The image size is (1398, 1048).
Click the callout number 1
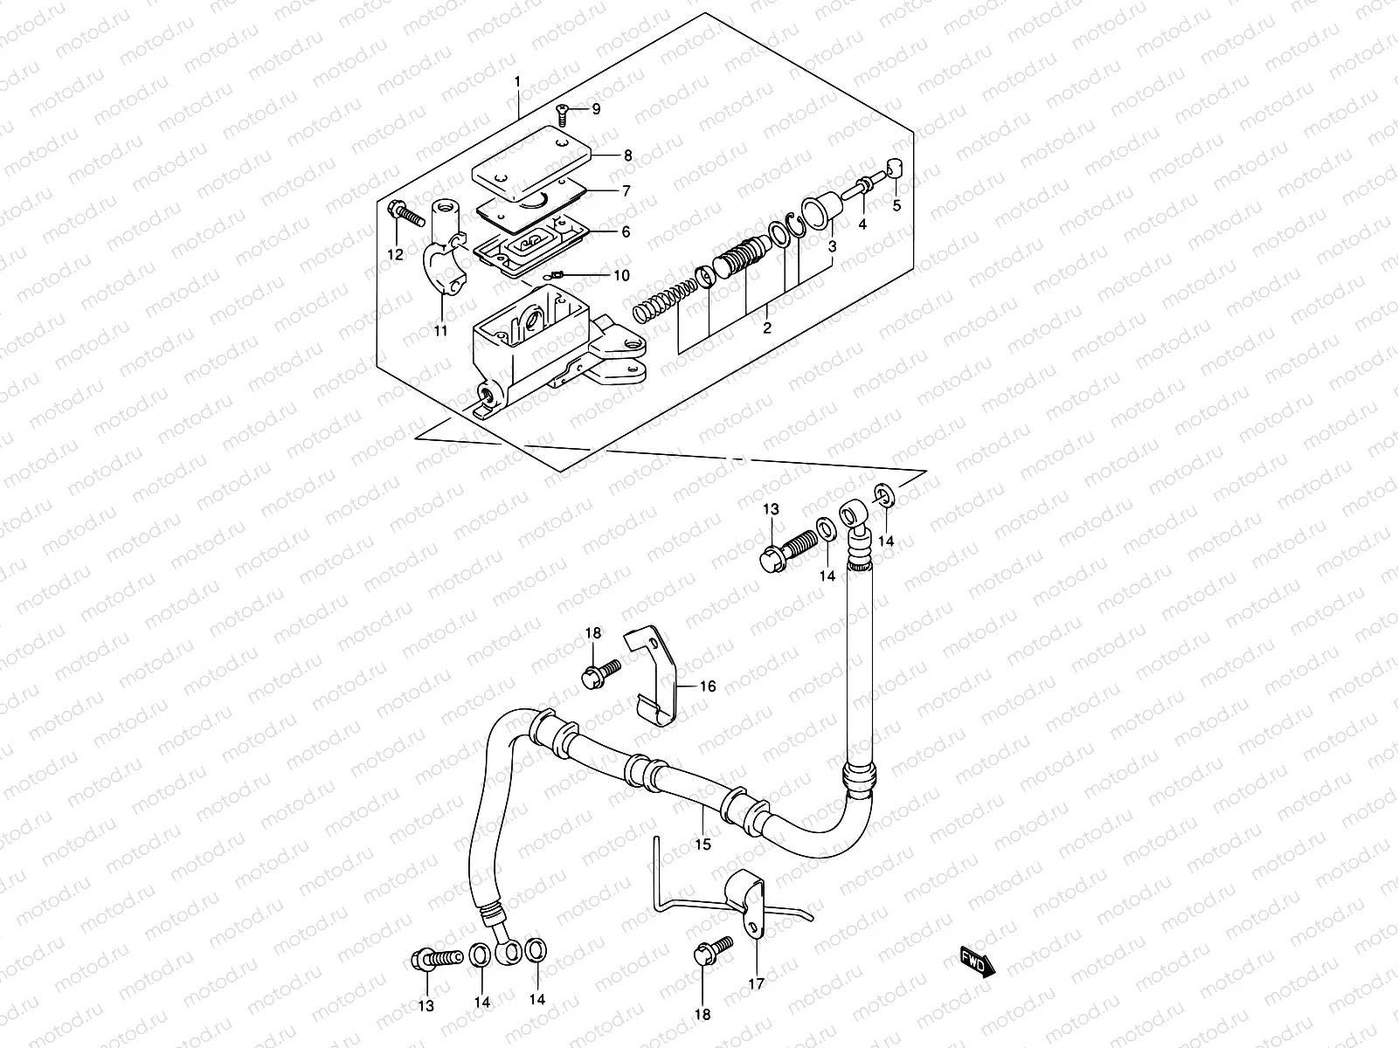tap(517, 81)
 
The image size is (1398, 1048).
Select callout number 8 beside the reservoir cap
tap(626, 155)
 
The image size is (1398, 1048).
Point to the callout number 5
tap(896, 206)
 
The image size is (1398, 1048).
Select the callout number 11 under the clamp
tap(440, 330)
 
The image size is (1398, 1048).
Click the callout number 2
tap(766, 328)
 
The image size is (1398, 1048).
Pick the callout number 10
tap(620, 276)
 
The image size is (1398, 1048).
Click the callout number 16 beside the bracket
tap(707, 686)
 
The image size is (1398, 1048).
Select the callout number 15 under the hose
tap(703, 844)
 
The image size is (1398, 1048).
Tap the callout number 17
tap(756, 984)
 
